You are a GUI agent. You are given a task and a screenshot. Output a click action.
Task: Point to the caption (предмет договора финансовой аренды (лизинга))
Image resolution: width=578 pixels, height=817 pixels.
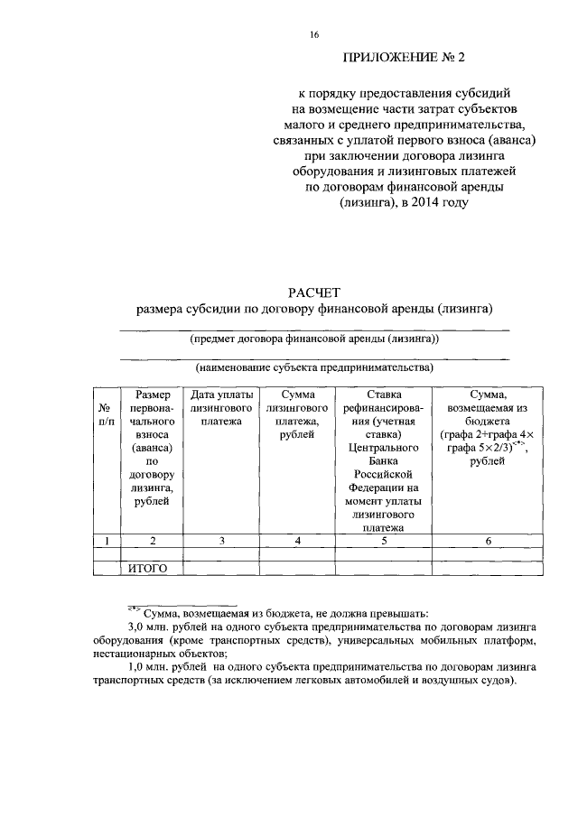314,339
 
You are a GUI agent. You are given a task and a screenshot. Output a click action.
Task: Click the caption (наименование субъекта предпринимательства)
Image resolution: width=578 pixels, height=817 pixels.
314,367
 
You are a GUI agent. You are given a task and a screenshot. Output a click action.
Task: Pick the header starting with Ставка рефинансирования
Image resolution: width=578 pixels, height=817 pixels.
384,460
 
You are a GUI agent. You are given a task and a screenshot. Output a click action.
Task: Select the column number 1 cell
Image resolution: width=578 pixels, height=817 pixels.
106,541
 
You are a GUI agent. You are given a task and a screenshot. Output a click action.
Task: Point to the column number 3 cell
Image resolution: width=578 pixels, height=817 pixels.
220,541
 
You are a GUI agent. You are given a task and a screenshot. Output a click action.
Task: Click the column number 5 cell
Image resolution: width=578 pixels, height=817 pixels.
384,541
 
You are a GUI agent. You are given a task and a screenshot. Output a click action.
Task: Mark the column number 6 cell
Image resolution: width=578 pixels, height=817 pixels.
488,541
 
